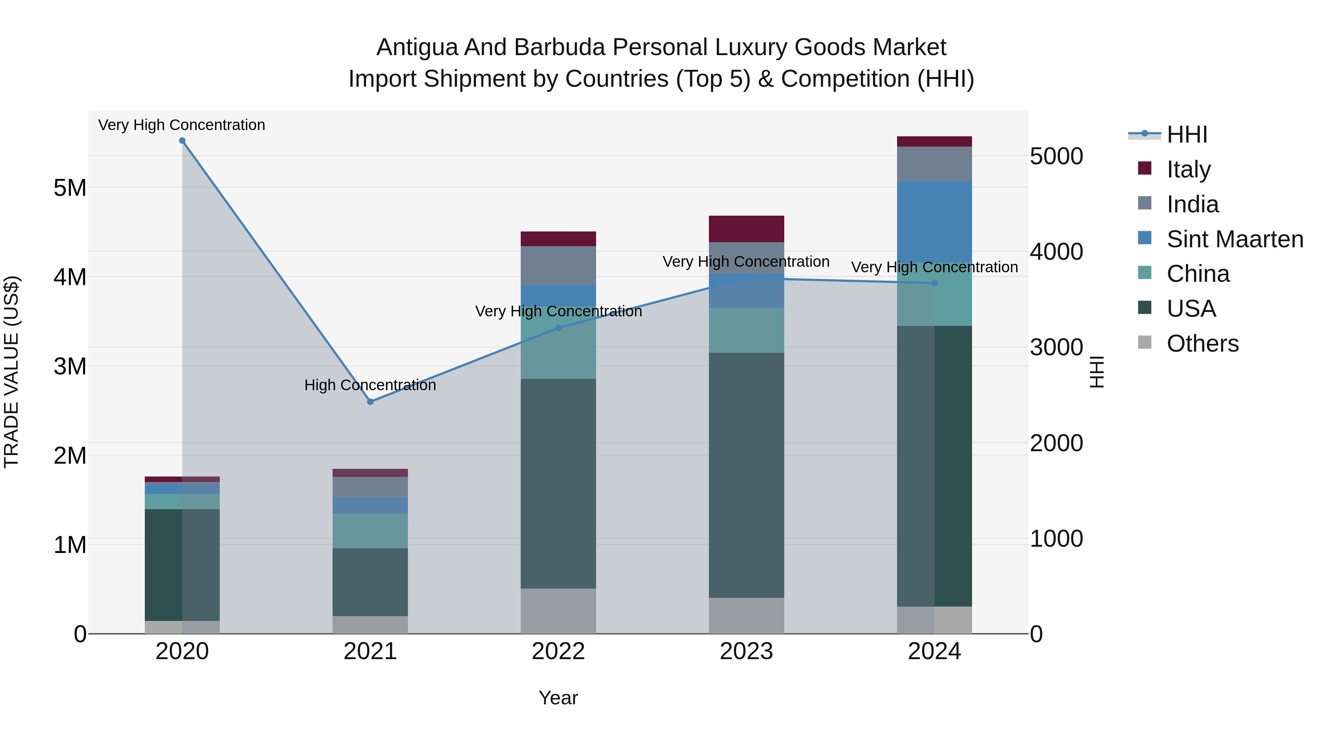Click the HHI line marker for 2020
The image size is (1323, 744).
(x=182, y=141)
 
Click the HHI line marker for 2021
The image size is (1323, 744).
(x=370, y=402)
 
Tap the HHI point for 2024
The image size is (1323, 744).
(x=934, y=283)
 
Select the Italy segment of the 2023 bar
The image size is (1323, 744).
(x=746, y=229)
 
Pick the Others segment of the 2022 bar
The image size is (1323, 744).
(x=558, y=611)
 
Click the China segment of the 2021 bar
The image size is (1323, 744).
(x=370, y=531)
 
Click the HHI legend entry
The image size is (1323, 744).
(x=1186, y=134)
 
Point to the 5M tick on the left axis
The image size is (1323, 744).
(x=70, y=188)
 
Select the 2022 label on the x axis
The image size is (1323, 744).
(x=558, y=651)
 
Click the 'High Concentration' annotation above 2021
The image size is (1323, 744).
(x=370, y=385)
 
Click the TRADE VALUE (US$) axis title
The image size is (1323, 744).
(x=11, y=372)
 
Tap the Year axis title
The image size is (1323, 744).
(x=558, y=698)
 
